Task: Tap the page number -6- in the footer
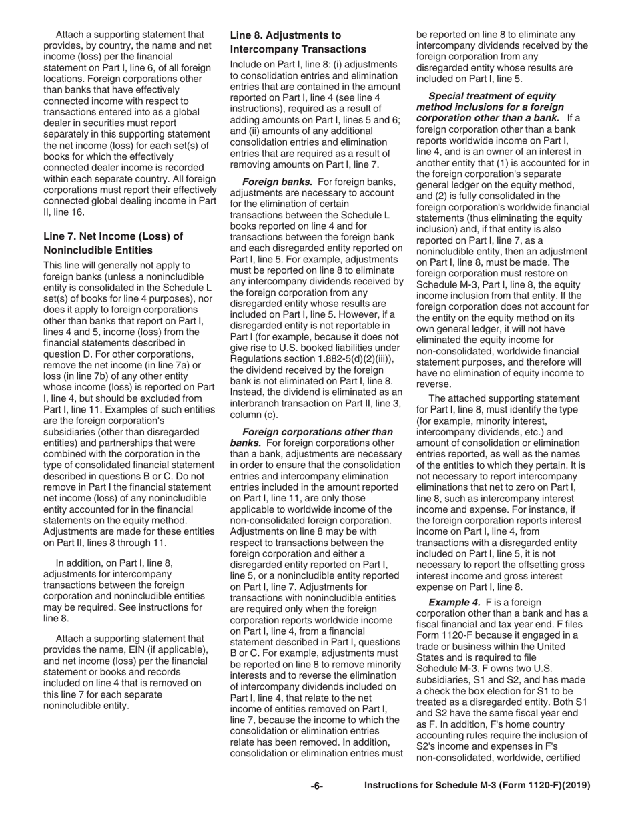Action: (x=317, y=786)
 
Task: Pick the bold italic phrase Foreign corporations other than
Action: (x=318, y=432)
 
